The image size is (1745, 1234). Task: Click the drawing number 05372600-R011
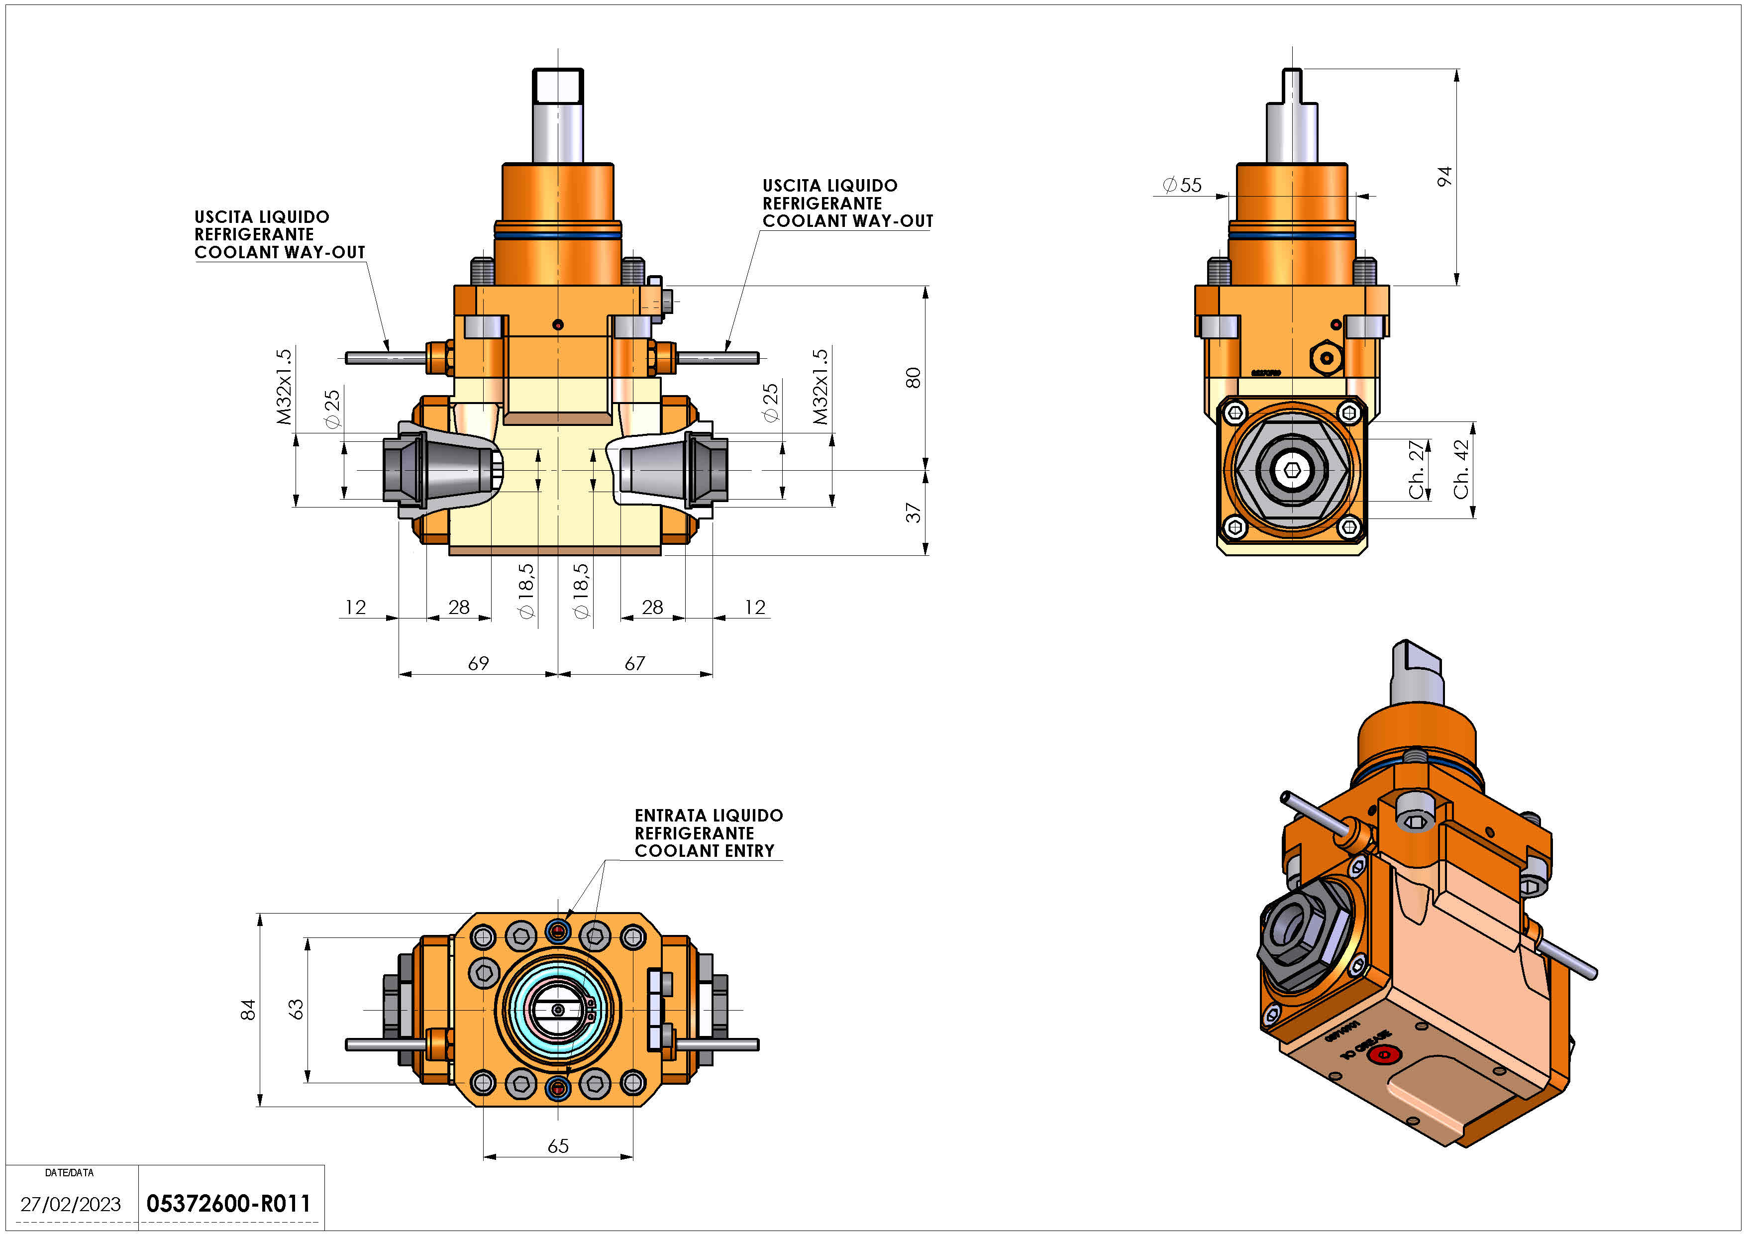pos(228,1204)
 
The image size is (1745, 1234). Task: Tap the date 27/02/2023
pos(71,1204)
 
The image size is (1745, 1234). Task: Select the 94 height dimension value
pos(1444,176)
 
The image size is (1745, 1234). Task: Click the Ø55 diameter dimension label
pos(1183,185)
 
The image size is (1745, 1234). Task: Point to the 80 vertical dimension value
pos(913,378)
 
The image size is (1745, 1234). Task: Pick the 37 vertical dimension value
pos(913,513)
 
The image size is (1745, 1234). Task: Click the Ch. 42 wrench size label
pos(1461,470)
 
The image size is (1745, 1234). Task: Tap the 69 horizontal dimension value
pos(478,663)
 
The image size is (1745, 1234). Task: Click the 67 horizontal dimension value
pos(634,663)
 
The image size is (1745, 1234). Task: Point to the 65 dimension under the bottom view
pos(558,1146)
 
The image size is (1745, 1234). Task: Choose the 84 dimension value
pos(248,1010)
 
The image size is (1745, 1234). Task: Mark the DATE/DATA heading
pos(69,1172)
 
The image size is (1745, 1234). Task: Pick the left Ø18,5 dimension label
pos(526,591)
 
